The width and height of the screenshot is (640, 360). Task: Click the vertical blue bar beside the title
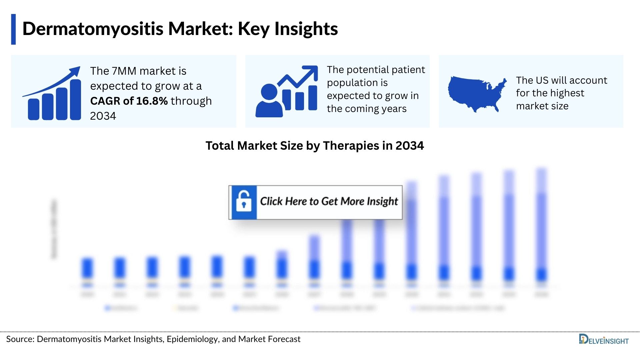(x=13, y=29)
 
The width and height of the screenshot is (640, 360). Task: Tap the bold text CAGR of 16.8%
(x=129, y=101)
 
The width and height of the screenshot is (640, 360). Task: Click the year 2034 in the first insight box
(x=103, y=116)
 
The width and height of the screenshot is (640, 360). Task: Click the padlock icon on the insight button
(x=244, y=202)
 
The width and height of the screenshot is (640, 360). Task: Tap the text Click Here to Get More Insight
(x=329, y=201)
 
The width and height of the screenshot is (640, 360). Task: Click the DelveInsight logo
(x=603, y=340)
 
